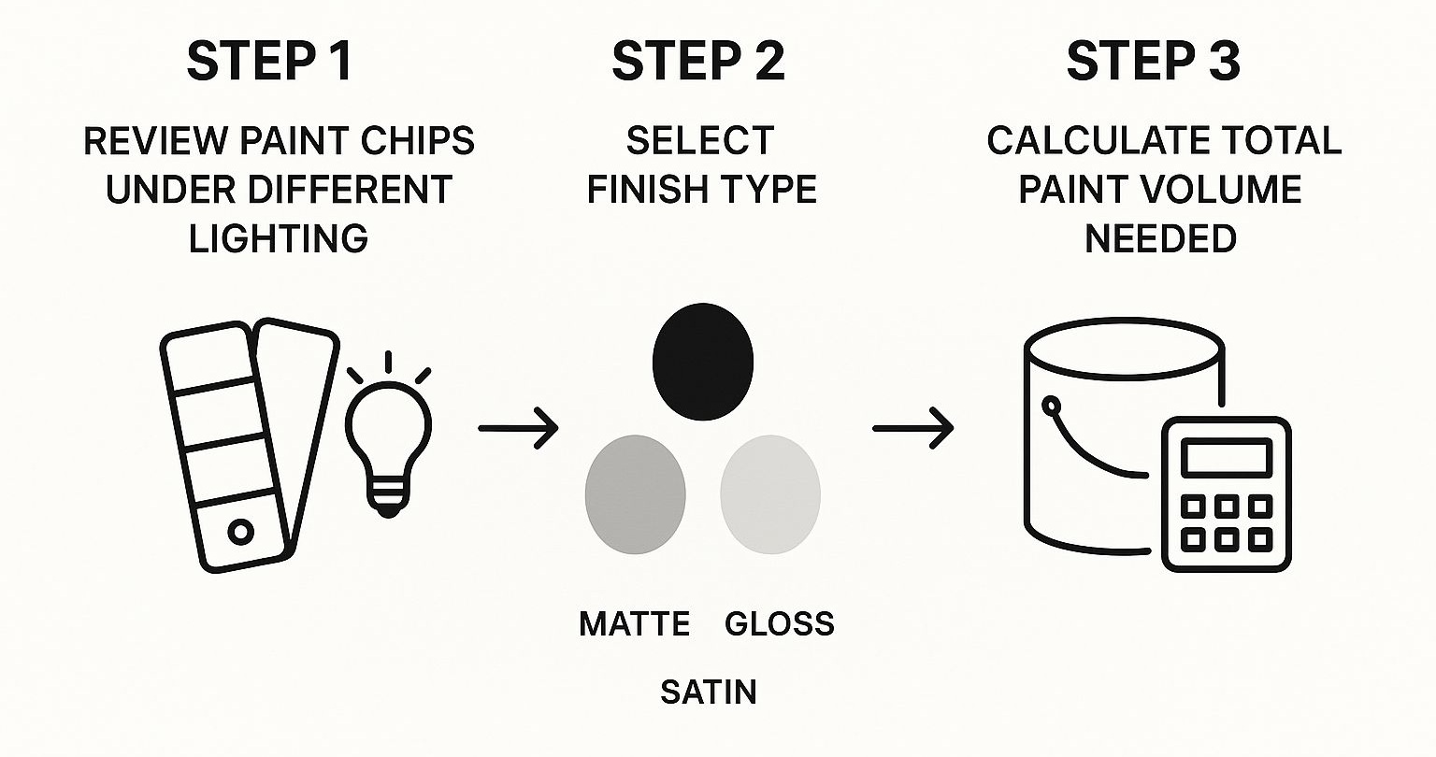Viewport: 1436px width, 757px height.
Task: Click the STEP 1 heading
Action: coord(269,61)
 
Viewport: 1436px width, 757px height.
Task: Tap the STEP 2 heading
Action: coord(698,61)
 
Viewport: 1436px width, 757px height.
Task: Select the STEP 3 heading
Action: coord(1154,61)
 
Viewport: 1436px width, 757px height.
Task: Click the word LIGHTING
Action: coord(279,238)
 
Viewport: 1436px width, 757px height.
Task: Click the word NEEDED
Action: coord(1160,238)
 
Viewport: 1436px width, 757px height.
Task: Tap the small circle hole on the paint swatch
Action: coord(241,532)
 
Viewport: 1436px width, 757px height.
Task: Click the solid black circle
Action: coord(703,363)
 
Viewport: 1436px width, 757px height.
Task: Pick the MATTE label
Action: coord(635,623)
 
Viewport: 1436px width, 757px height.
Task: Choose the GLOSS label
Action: coord(780,623)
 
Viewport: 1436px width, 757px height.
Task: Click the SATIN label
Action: coord(709,693)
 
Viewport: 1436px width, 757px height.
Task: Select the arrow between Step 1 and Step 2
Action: coord(518,427)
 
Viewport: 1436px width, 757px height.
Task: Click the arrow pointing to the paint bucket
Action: coord(912,427)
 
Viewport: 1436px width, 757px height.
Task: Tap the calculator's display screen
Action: coord(1227,458)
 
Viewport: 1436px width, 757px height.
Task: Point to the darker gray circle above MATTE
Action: coord(636,494)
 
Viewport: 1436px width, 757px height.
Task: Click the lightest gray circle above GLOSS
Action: coord(770,494)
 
